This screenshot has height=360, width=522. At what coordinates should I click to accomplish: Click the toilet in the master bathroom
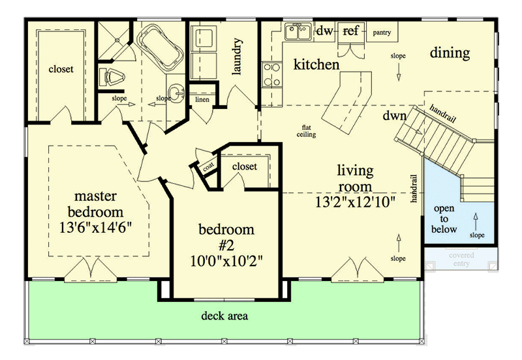[x=112, y=77]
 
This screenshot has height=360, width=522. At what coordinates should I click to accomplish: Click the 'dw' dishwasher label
[x=324, y=31]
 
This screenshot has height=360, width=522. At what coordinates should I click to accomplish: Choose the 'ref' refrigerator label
[x=350, y=31]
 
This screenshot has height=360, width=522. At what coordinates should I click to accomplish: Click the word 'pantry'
[x=382, y=31]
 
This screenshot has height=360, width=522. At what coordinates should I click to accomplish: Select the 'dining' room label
[x=450, y=53]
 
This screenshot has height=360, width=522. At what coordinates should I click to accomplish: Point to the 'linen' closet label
[x=202, y=100]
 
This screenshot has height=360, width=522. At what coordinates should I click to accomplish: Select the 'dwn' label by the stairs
[x=394, y=116]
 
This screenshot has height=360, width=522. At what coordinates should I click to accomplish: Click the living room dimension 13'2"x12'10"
[x=356, y=202]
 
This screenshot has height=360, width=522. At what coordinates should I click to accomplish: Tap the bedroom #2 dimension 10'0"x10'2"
[x=226, y=262]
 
